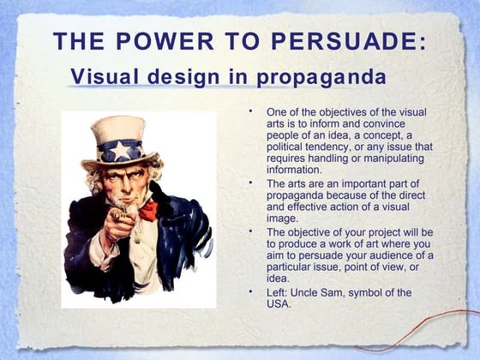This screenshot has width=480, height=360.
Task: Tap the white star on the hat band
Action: click(x=123, y=151)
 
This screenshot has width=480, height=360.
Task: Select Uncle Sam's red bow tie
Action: click(x=148, y=209)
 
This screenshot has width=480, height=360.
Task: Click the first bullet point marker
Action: click(x=251, y=111)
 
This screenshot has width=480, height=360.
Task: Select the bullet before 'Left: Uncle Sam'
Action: click(x=251, y=291)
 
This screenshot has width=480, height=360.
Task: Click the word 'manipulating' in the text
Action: click(x=400, y=158)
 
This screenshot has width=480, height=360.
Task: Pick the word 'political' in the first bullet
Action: click(x=287, y=147)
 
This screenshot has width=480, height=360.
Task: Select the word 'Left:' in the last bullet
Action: click(x=279, y=292)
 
